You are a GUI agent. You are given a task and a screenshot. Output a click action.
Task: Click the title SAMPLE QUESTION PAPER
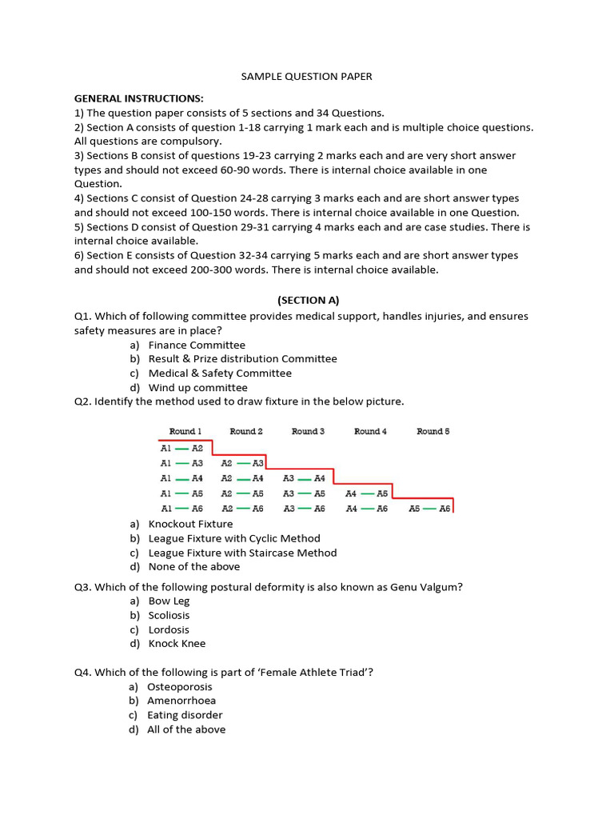(x=307, y=77)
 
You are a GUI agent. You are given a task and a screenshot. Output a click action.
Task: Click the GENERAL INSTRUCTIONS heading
(x=139, y=98)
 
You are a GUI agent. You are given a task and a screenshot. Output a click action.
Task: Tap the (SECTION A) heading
(x=308, y=301)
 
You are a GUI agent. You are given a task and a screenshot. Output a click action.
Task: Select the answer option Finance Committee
(x=197, y=345)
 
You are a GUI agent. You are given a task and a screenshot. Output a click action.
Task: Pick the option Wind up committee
(x=197, y=388)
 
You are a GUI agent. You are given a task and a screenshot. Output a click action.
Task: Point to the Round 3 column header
(x=308, y=432)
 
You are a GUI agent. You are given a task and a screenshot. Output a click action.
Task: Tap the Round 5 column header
(x=433, y=432)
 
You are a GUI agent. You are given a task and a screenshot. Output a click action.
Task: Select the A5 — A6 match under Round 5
(x=430, y=509)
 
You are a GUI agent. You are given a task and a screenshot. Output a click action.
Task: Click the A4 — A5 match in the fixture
(x=367, y=493)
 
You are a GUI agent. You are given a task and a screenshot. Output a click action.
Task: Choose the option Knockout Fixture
(x=191, y=524)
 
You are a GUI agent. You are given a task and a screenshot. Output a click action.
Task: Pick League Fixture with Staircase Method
(x=242, y=553)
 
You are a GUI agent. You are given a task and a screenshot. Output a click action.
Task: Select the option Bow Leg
(x=169, y=601)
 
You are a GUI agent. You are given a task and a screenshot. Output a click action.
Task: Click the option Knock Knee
(x=177, y=644)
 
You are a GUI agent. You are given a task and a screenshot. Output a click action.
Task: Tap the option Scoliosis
(x=169, y=616)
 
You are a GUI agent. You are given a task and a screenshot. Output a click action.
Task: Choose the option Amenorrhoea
(x=181, y=701)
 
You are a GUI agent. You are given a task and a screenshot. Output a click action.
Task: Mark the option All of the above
(x=186, y=729)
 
